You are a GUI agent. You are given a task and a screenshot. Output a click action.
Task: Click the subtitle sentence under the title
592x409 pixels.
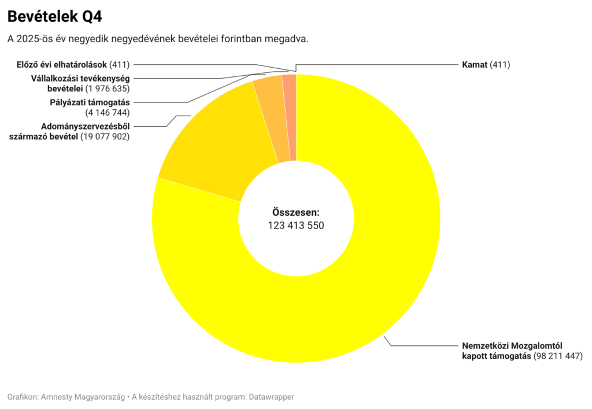coord(158,39)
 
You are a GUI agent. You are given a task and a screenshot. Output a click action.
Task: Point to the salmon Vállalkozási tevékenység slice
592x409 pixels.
coord(289,116)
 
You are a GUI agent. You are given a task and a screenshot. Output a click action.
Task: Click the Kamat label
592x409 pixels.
coord(474,65)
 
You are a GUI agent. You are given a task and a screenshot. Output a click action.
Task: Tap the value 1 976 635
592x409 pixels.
coord(108,89)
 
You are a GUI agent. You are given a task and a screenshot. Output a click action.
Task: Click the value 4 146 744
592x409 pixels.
coord(108,113)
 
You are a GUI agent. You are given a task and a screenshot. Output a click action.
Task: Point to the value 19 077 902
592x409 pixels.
coord(105,137)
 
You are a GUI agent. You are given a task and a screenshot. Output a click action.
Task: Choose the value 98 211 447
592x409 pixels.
coord(557,356)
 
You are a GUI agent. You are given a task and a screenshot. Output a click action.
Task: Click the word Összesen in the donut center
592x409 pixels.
coord(295,212)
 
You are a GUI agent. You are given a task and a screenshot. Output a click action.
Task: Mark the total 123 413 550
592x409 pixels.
coord(295,225)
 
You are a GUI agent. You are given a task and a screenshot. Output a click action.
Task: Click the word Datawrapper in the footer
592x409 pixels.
coord(271,397)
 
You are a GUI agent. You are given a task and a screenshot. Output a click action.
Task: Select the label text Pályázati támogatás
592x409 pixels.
coord(90,102)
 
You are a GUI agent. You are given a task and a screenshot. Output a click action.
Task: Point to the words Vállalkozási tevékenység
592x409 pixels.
coord(80,78)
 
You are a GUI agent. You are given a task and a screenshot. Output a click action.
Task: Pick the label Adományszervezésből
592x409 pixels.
coord(85,127)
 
